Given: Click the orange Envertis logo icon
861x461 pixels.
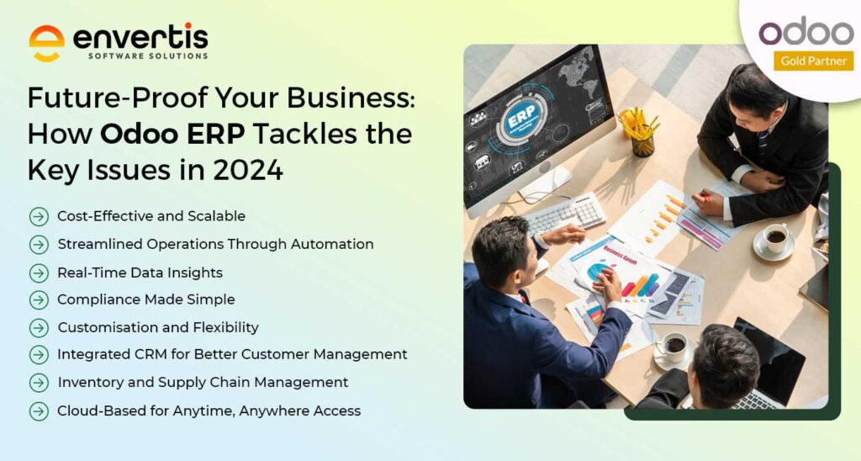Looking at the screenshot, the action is (x=46, y=43).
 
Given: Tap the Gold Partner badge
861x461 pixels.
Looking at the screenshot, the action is (x=814, y=61).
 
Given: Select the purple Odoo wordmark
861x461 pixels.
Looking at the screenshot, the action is (x=806, y=32).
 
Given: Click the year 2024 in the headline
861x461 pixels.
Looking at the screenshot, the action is (x=248, y=170).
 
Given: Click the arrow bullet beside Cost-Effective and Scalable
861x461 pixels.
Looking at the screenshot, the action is (x=39, y=216).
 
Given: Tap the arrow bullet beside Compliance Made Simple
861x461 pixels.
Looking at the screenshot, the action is (x=39, y=300).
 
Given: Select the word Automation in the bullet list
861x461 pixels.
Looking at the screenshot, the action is (x=332, y=244).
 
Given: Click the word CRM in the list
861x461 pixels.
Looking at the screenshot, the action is (x=151, y=354).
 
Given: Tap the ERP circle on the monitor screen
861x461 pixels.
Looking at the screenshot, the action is (x=520, y=119).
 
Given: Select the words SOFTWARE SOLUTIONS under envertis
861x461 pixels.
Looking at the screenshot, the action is (x=148, y=56).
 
